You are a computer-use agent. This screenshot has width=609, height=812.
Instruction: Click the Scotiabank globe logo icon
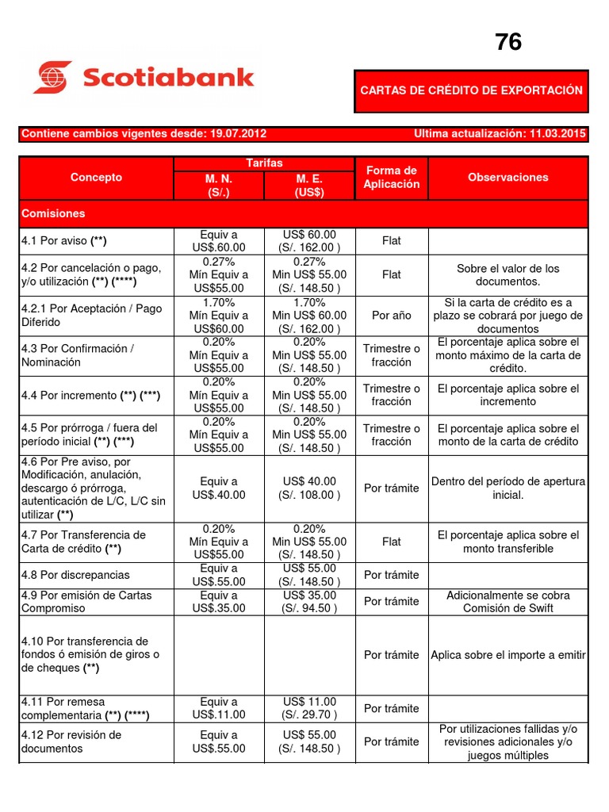[52, 77]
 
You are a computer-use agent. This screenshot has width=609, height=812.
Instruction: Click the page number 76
[508, 42]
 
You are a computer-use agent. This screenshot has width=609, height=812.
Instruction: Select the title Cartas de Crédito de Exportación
[471, 90]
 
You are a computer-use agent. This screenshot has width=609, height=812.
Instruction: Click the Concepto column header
[96, 178]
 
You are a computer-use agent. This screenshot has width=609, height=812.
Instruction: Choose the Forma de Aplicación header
[392, 178]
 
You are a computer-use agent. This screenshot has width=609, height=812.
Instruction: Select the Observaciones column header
[508, 178]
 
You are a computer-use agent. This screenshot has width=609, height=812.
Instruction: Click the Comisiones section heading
[53, 214]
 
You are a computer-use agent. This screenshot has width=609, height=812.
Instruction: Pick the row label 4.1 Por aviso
[63, 241]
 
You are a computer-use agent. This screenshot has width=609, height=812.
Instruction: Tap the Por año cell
[392, 316]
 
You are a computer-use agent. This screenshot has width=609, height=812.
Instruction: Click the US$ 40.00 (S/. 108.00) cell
[309, 488]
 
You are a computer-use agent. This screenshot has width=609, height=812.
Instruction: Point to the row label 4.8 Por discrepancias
[75, 575]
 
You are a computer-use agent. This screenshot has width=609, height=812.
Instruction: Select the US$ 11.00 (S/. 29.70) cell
[309, 708]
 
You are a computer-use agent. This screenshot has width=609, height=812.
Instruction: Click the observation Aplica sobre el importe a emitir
[508, 655]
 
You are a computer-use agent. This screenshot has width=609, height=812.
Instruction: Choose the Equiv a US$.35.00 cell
[219, 602]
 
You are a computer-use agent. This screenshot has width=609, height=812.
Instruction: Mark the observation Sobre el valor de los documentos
[508, 275]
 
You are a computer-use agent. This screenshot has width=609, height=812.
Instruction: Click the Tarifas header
[264, 163]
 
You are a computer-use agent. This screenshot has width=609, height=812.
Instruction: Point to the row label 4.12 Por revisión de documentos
[71, 741]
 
